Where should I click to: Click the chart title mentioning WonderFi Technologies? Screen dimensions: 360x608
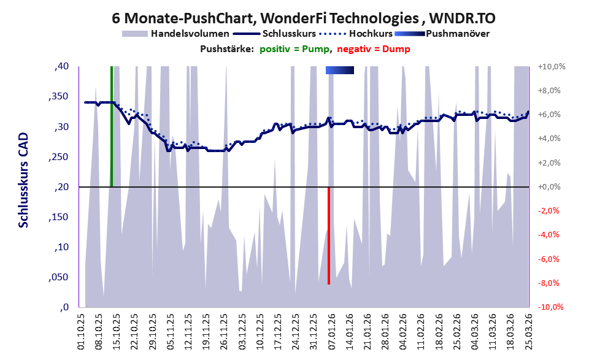304,18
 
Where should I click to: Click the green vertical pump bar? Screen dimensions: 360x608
111,126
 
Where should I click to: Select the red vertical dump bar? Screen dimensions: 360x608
329,236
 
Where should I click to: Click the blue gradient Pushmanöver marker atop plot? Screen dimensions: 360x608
340,71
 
